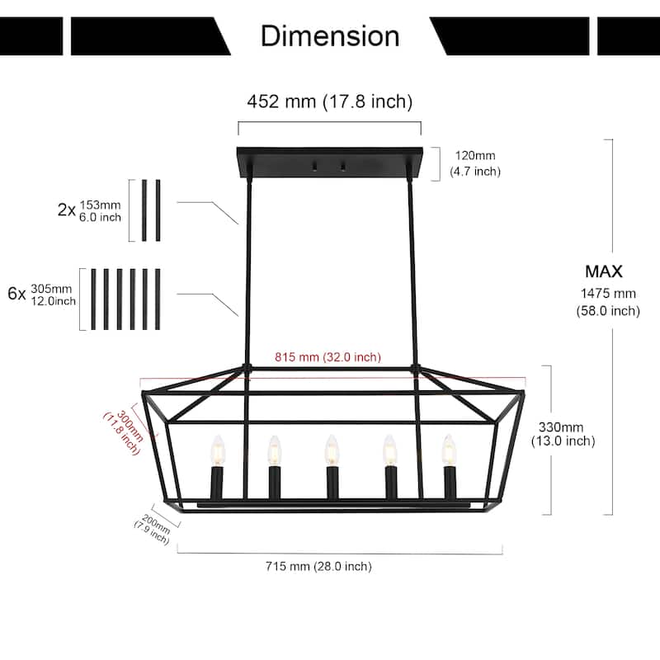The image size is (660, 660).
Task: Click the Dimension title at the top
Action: tap(330, 35)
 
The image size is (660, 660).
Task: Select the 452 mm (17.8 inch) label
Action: tap(329, 101)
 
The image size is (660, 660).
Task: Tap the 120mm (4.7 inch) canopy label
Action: tap(474, 163)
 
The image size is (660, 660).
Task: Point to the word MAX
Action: tap(604, 271)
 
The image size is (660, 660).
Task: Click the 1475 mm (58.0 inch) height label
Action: tap(608, 301)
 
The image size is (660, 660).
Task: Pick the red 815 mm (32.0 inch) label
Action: tap(327, 357)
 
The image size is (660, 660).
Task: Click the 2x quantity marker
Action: tap(66, 210)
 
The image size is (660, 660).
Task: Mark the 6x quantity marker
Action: tap(16, 294)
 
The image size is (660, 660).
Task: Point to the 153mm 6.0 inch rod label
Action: tap(101, 210)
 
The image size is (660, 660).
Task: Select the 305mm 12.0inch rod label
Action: tap(53, 295)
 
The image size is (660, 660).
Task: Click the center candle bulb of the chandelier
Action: tap(331, 450)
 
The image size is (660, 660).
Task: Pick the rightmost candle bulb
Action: tap(448, 450)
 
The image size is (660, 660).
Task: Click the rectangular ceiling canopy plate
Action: tap(329, 163)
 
